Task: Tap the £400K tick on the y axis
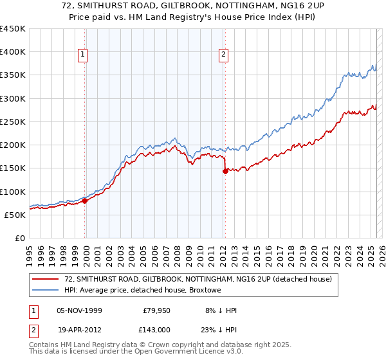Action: [x=12, y=52]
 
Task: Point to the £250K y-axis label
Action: [x=12, y=122]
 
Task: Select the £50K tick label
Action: [x=15, y=215]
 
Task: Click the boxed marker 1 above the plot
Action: [x=84, y=55]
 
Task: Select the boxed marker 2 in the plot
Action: [x=223, y=55]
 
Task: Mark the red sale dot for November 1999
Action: [x=85, y=201]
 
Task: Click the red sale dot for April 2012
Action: [x=225, y=171]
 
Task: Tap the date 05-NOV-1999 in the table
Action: [x=79, y=310]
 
